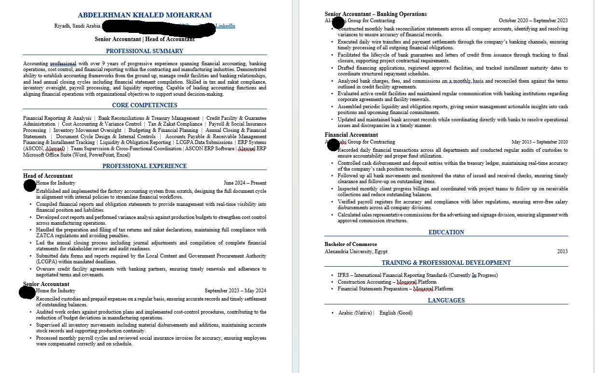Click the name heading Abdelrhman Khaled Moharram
coord(144,15)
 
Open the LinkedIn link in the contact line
coord(225,26)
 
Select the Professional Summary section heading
coord(144,51)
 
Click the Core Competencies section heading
coord(144,105)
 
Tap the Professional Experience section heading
coord(144,166)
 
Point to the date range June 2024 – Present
coord(245,183)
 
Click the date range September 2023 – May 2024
coord(235,291)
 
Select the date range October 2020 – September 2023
coord(533,21)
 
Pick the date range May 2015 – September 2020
coord(540,142)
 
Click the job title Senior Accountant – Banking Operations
coord(375,14)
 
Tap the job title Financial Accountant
coord(351,135)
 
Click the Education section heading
coord(446,232)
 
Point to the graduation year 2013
coord(562,251)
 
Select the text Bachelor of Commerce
coord(351,244)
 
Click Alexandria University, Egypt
coord(356,251)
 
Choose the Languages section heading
coord(446,301)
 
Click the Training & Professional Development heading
coord(446,263)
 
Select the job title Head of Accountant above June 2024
coord(48,176)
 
